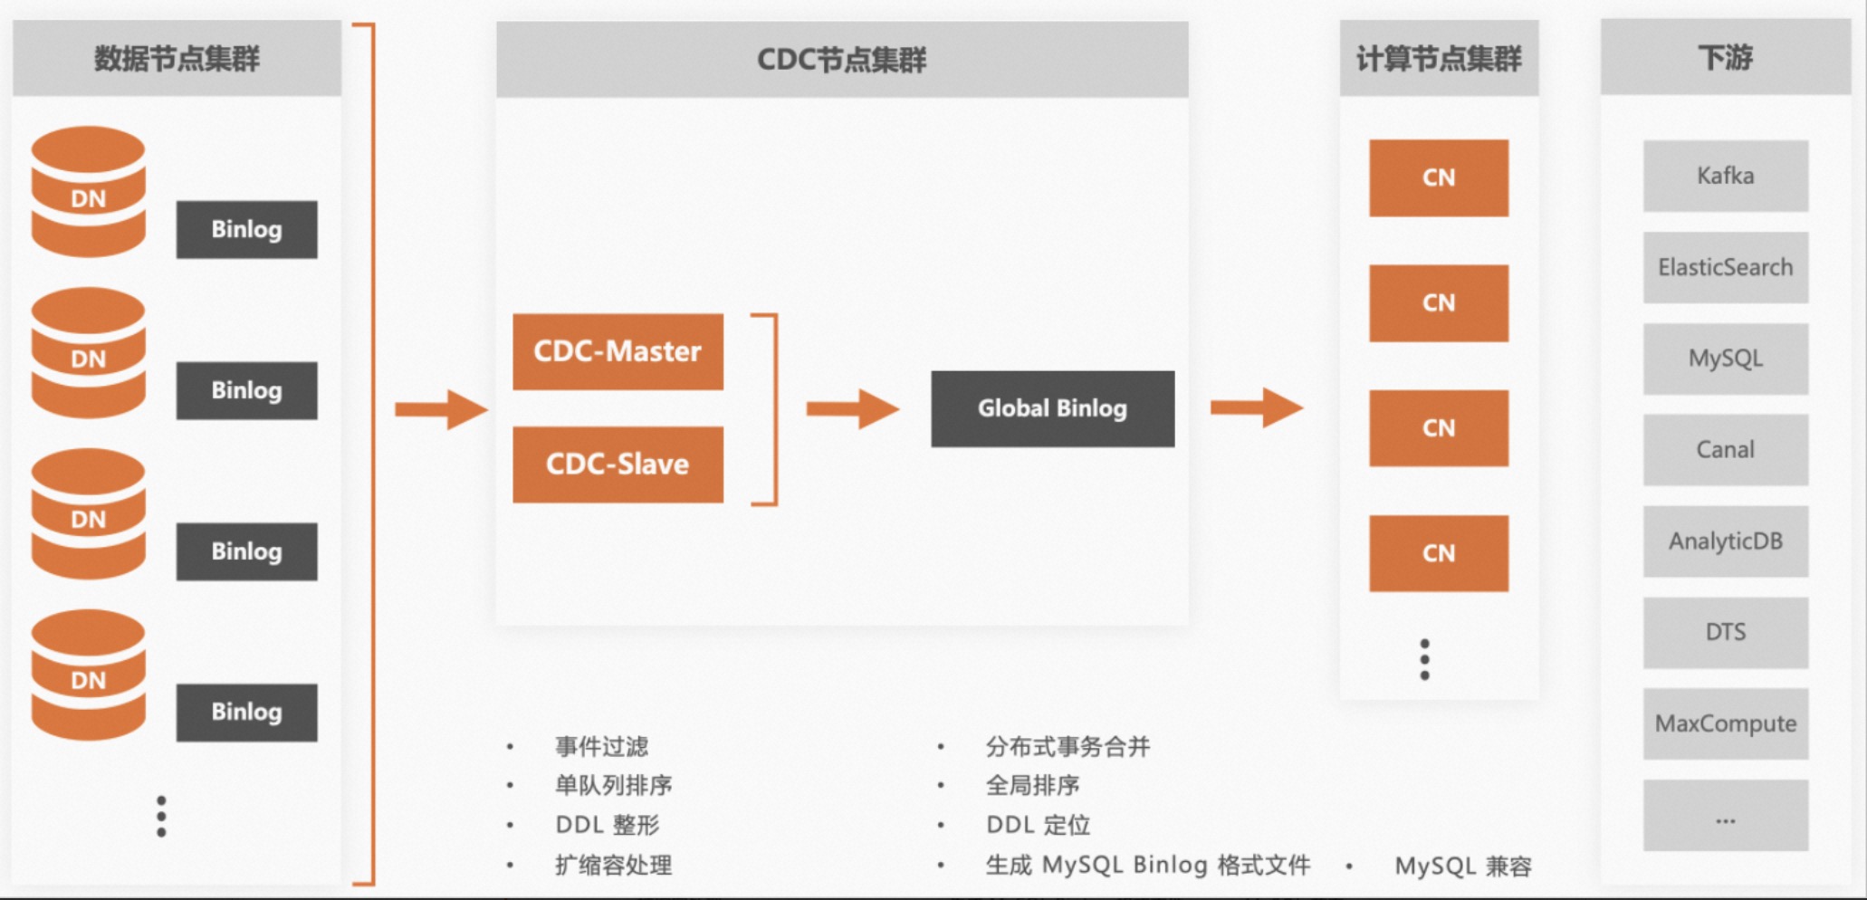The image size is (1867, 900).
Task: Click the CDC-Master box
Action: (x=618, y=351)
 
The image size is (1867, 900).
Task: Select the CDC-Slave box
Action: (x=618, y=464)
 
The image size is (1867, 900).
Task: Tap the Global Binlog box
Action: (x=1052, y=408)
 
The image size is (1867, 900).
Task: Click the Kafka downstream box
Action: (x=1725, y=176)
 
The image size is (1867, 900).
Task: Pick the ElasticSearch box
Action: (x=1725, y=267)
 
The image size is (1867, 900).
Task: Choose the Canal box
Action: (x=1725, y=450)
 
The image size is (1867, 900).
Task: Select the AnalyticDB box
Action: (x=1725, y=541)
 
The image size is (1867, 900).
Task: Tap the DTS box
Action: (x=1725, y=632)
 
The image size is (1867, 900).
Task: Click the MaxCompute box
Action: (x=1725, y=723)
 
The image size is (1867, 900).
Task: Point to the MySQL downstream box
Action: (x=1725, y=359)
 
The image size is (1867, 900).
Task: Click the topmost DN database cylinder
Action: (x=88, y=192)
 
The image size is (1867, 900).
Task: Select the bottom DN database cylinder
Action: (x=88, y=675)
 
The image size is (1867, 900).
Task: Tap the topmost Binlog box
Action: (x=246, y=230)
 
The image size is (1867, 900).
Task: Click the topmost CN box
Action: (x=1438, y=177)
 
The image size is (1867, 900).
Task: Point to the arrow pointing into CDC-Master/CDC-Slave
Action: (x=441, y=409)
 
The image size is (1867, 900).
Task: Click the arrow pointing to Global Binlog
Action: (x=852, y=409)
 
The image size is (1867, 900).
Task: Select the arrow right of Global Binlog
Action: (x=1256, y=407)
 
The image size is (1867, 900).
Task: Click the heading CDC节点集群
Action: (x=841, y=60)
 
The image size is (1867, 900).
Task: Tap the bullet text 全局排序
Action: (x=1032, y=785)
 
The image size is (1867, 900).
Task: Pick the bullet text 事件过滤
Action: (x=601, y=746)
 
